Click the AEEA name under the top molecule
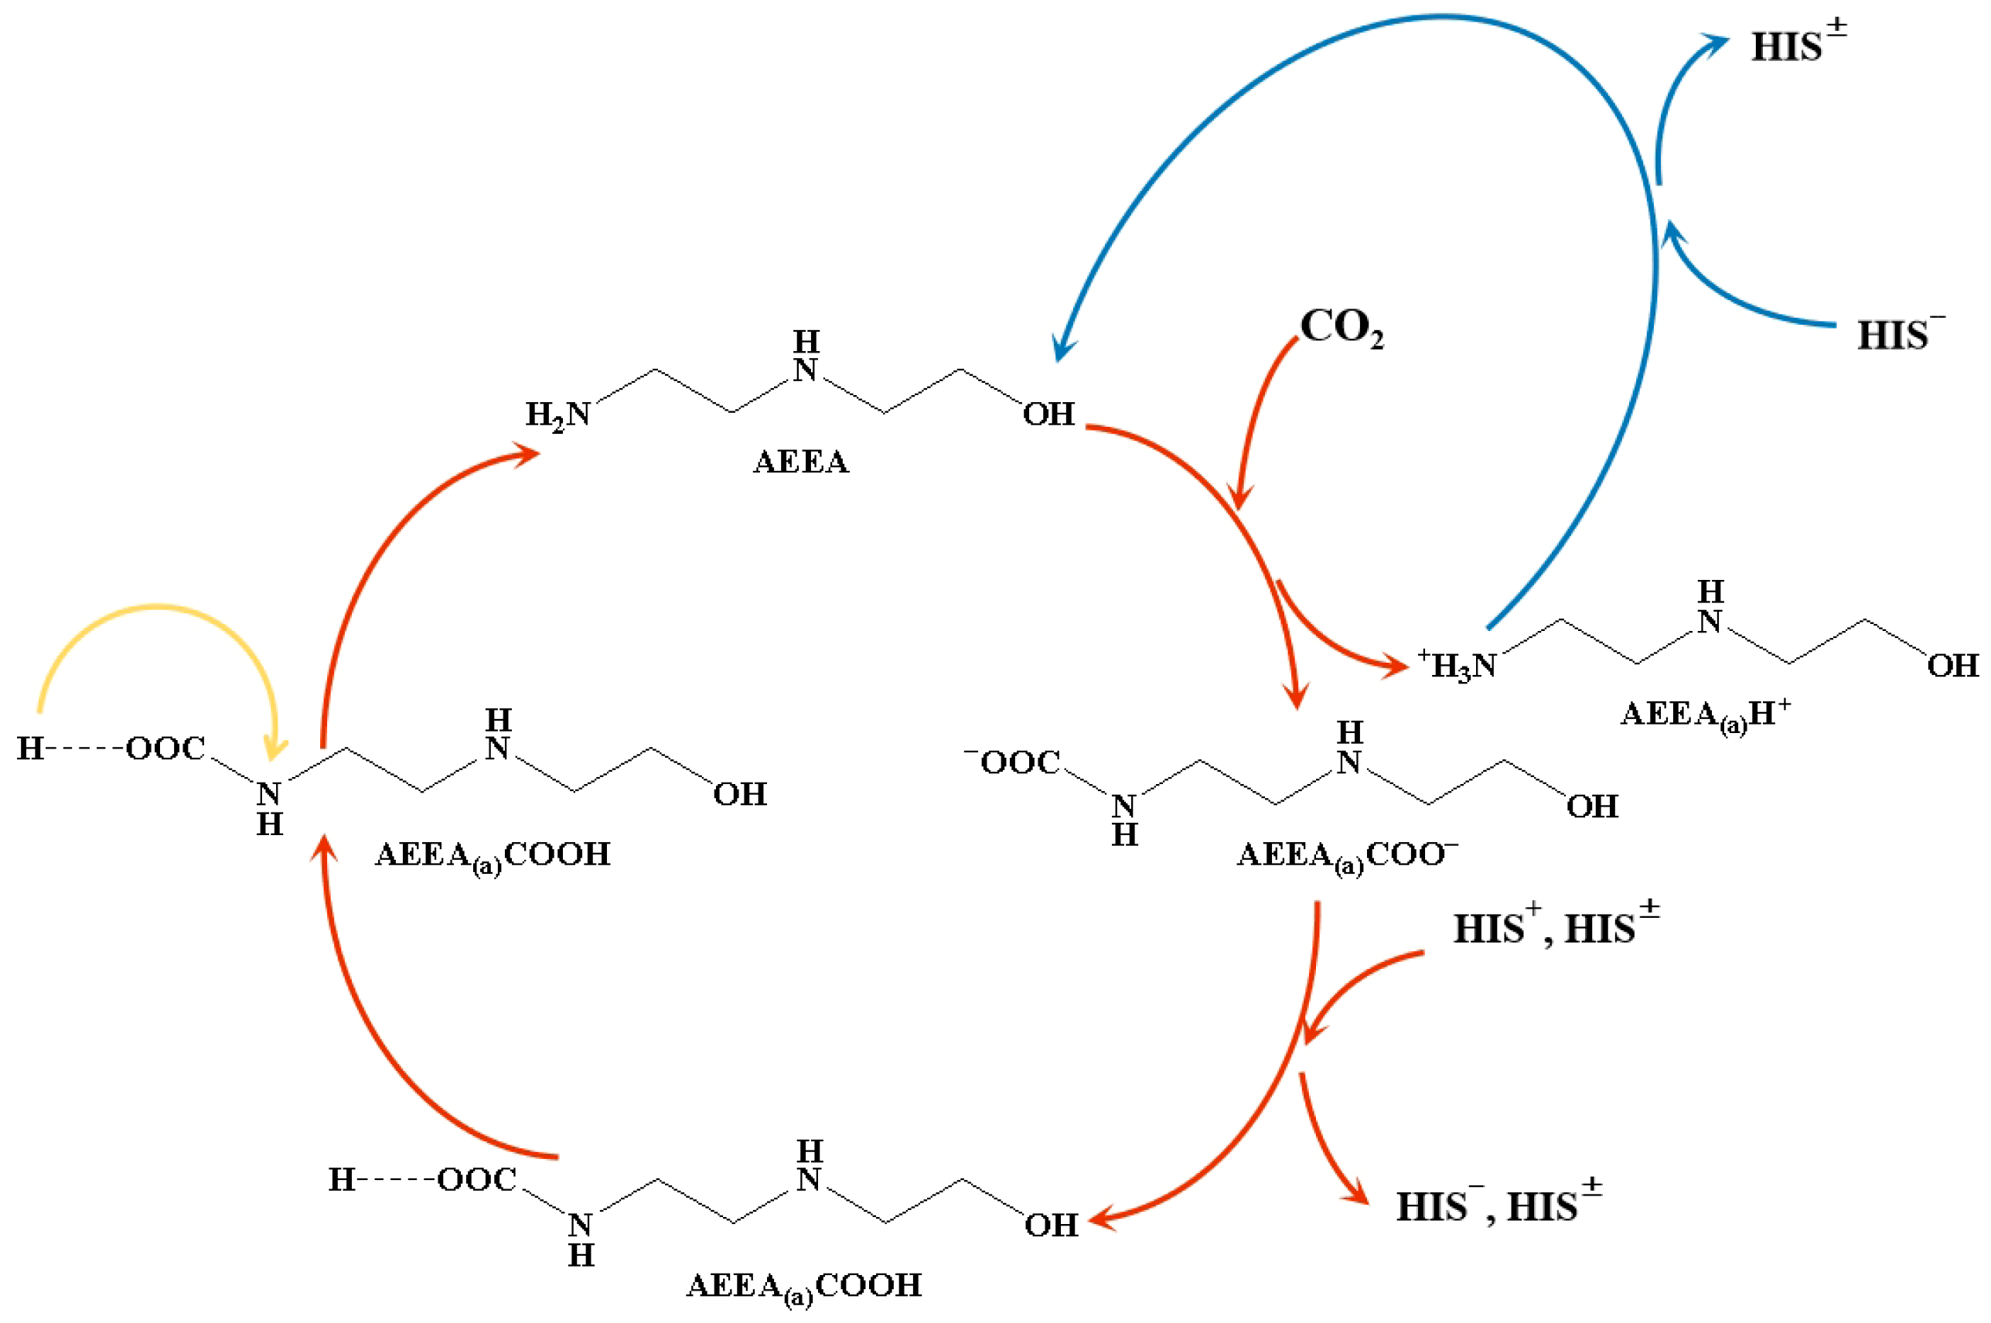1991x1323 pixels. coord(800,462)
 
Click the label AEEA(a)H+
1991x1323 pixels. coord(1705,716)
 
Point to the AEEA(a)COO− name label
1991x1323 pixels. coord(1347,857)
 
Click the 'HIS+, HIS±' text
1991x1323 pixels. coord(1556,927)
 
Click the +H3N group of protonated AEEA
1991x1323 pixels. coord(1457,666)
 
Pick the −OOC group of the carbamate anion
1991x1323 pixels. coord(1013,762)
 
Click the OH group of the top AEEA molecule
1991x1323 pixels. coord(1048,414)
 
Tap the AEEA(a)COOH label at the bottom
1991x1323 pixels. coord(804,1287)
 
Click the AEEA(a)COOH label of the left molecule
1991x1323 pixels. coord(493,855)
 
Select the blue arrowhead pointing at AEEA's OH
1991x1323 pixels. coord(1063,348)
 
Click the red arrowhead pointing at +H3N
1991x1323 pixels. coord(1396,666)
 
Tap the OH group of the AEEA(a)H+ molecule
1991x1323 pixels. coord(1952,666)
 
